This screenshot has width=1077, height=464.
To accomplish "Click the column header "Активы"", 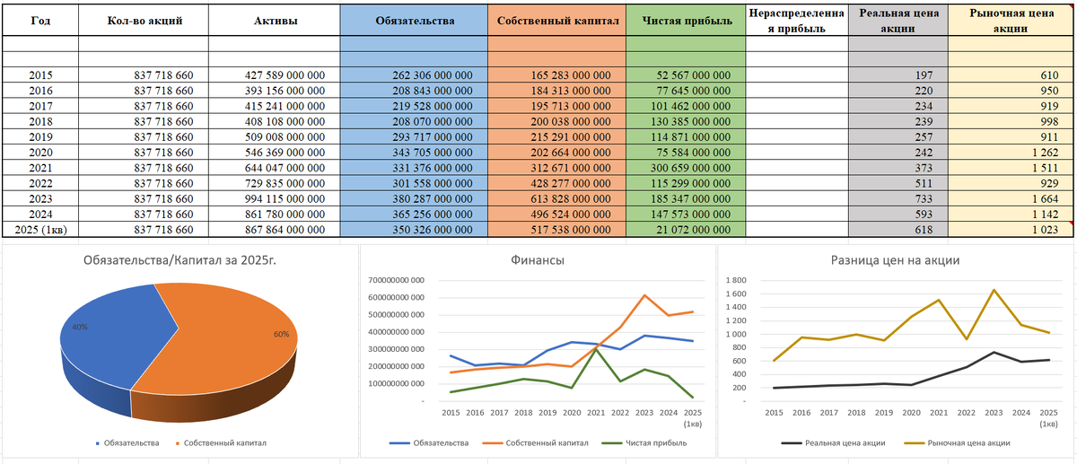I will pyautogui.click(x=274, y=21).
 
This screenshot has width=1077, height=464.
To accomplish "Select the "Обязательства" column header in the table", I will pyautogui.click(x=414, y=21).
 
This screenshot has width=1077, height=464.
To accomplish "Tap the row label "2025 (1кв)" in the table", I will pyautogui.click(x=40, y=230).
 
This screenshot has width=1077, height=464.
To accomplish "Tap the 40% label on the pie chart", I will pyautogui.click(x=80, y=328).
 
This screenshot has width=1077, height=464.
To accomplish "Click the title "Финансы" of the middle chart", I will pyautogui.click(x=538, y=261).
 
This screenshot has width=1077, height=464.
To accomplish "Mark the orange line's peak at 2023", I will pyautogui.click(x=643, y=295).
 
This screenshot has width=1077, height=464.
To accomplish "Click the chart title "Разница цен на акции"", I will pyautogui.click(x=895, y=261).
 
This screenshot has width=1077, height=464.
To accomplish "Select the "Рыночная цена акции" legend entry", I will pyautogui.click(x=969, y=442).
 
